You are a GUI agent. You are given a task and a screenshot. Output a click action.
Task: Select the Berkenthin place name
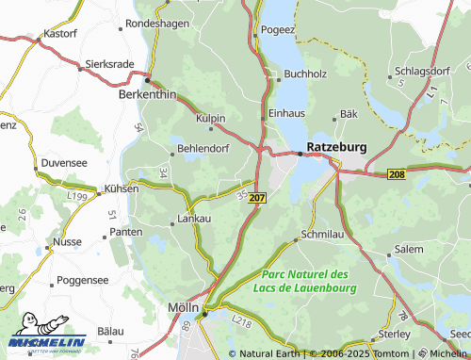[147, 95]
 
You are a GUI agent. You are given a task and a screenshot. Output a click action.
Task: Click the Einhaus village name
[287, 111]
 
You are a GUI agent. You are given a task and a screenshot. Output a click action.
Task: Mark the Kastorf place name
[58, 33]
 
